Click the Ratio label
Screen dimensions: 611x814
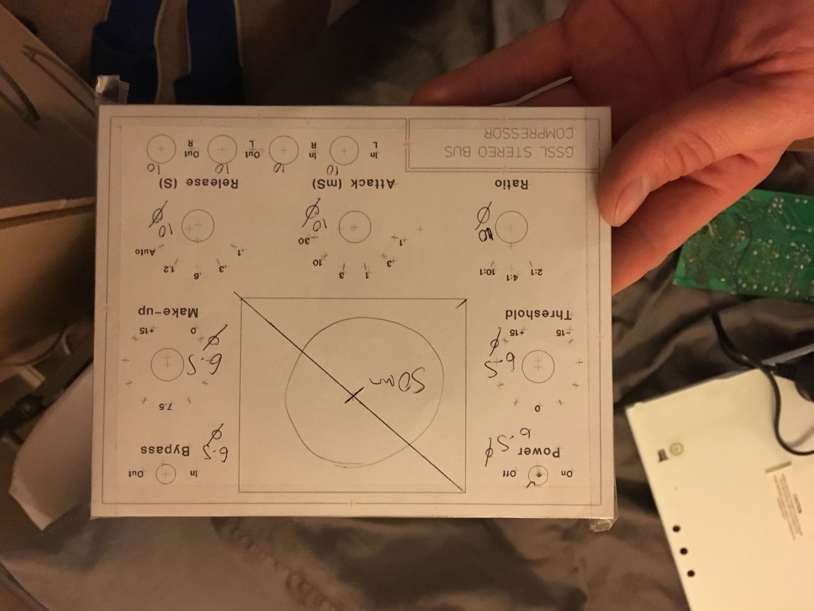click(511, 184)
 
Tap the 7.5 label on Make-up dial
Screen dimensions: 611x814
click(166, 407)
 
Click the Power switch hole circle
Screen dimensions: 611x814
click(538, 475)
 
